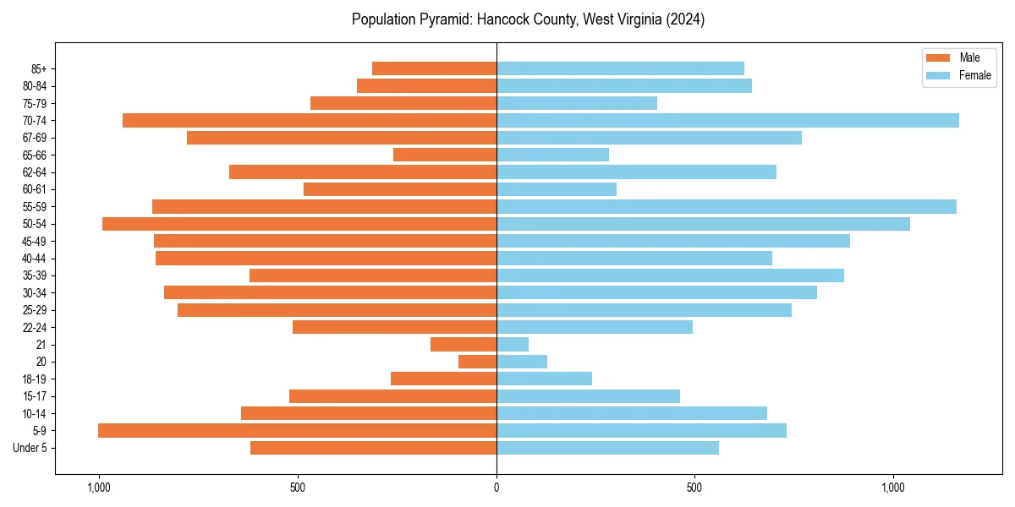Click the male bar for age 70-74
pyautogui.click(x=310, y=120)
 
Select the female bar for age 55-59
pyautogui.click(x=727, y=206)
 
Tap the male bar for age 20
pyautogui.click(x=477, y=362)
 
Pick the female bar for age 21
pyautogui.click(x=513, y=344)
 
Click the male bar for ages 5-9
pyautogui.click(x=297, y=430)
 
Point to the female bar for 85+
pyautogui.click(x=620, y=68)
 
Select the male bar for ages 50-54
pyautogui.click(x=299, y=224)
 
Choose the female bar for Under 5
pyautogui.click(x=607, y=448)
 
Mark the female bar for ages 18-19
pyautogui.click(x=544, y=379)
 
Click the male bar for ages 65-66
pyautogui.click(x=445, y=155)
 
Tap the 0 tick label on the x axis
pyautogui.click(x=497, y=488)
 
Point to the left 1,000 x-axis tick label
pyautogui.click(x=99, y=488)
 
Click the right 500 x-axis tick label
pyautogui.click(x=694, y=488)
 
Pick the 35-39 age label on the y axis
pyautogui.click(x=34, y=275)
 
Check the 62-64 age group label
pyautogui.click(x=34, y=172)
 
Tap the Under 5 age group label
pyautogui.click(x=30, y=448)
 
